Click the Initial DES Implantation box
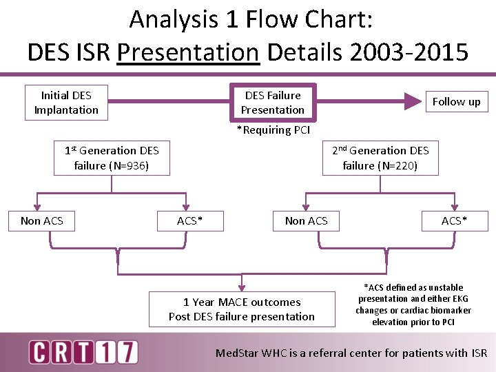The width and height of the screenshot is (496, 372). coord(66,103)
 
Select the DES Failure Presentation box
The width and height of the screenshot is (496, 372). coord(273,103)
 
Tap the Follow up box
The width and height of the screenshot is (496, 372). coord(456,102)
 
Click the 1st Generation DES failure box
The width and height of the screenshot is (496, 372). coord(112,158)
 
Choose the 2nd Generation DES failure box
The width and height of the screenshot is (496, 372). coord(380,158)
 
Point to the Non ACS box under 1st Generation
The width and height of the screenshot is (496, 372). coord(42,220)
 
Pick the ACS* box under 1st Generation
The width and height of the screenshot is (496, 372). coord(190,220)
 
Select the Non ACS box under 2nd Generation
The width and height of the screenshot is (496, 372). coord(307,220)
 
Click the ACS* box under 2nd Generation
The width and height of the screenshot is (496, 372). coord(455,220)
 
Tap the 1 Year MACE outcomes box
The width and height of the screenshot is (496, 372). coord(242,309)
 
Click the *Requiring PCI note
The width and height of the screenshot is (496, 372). coord(273,130)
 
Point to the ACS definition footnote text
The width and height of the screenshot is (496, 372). coord(413,304)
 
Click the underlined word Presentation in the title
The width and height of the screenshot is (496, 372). coord(188,51)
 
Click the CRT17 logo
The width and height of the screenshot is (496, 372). coord(83,352)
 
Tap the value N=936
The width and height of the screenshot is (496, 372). coord(128,165)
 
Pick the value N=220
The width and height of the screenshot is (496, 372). coord(397,165)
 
